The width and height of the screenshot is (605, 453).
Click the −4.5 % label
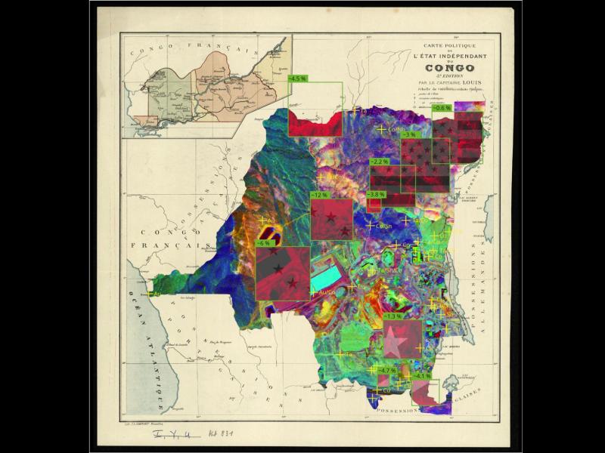click(297, 78)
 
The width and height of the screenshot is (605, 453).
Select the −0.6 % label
click(441, 108)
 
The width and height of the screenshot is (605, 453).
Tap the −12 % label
click(319, 195)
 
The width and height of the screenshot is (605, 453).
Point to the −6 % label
click(264, 243)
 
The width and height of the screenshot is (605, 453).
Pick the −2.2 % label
click(379, 162)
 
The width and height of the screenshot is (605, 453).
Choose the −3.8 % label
click(376, 194)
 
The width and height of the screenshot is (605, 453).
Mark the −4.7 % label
click(386, 370)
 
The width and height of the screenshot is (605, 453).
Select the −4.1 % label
click(421, 375)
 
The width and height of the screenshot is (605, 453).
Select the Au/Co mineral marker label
click(327, 291)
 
